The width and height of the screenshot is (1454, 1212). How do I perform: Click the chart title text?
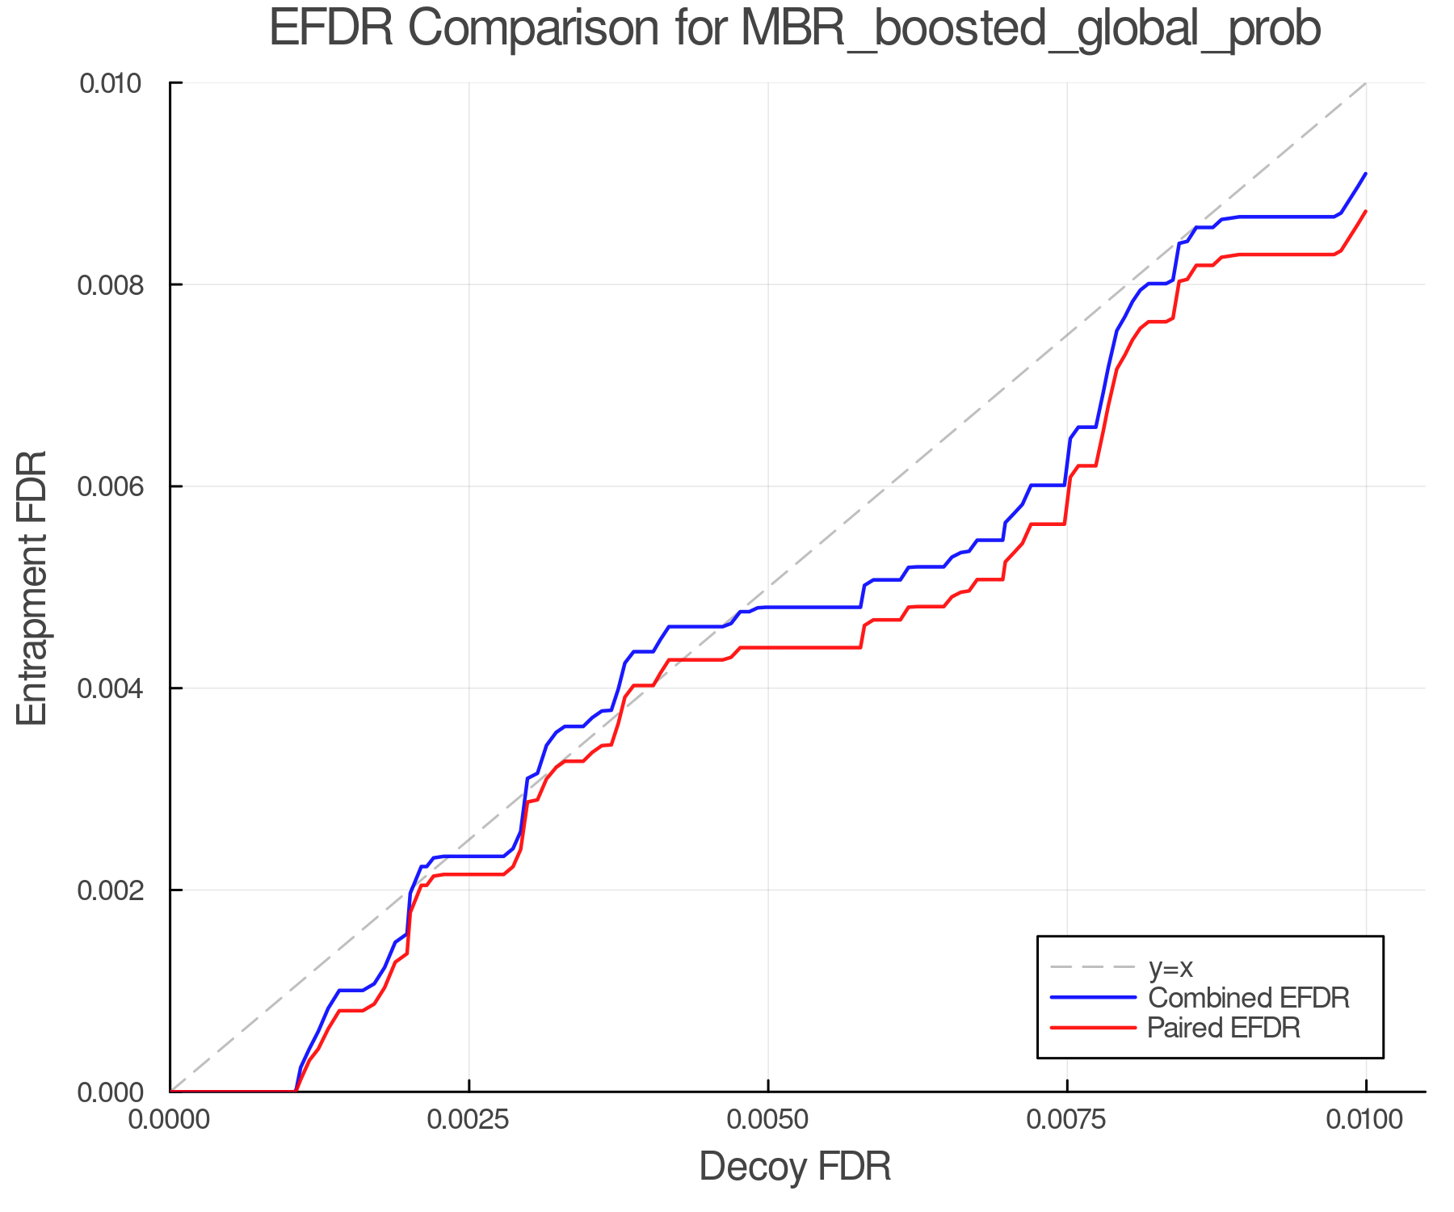click(795, 29)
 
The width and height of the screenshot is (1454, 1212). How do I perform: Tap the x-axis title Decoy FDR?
click(795, 1167)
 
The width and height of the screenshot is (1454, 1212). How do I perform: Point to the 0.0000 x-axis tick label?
click(170, 1120)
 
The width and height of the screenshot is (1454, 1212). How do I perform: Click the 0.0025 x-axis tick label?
click(469, 1120)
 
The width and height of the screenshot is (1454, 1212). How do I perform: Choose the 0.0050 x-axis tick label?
click(767, 1120)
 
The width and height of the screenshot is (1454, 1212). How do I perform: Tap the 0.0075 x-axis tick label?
click(1066, 1120)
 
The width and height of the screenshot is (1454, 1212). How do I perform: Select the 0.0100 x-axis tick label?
click(1365, 1120)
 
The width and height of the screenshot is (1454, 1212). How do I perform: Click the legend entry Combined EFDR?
click(1248, 998)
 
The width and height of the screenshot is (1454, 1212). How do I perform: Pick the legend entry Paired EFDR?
click(1224, 1028)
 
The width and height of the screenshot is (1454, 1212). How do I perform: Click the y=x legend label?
click(1170, 967)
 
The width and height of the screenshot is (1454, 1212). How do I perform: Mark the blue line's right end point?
click(1365, 174)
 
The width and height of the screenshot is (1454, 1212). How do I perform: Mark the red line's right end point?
click(1365, 212)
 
